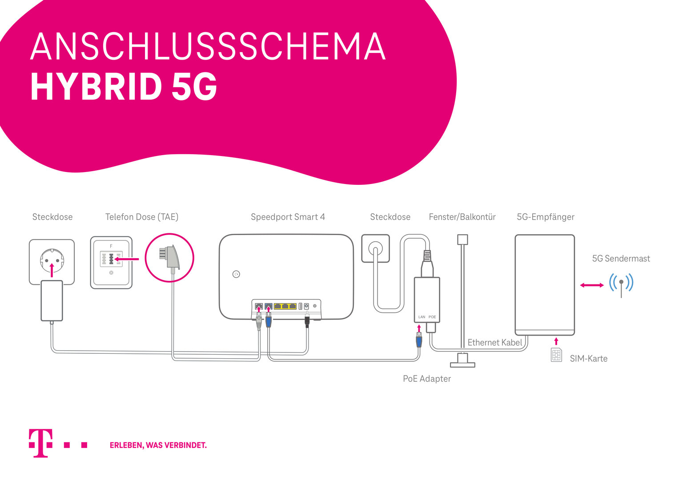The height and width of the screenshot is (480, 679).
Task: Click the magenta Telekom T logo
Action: pos(40,443)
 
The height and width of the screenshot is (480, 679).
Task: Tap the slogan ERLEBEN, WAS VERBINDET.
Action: pos(158,445)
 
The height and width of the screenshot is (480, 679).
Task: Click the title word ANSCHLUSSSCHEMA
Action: pos(208,46)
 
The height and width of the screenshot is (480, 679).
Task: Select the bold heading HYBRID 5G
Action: pos(124,86)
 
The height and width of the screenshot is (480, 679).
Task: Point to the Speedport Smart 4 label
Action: pos(288,217)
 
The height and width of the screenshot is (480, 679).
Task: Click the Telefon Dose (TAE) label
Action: pos(141,217)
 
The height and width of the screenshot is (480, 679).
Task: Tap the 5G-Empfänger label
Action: pos(545,217)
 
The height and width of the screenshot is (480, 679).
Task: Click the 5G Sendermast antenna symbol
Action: pos(621,285)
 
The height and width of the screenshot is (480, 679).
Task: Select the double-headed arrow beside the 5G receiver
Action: pos(592,285)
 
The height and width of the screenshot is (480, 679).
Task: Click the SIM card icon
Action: pos(556,355)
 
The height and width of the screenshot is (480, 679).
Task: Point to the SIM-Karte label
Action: pos(589,359)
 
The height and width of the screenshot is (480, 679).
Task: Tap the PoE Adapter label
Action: pos(427,379)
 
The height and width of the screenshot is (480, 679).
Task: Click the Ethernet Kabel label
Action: pos(495,342)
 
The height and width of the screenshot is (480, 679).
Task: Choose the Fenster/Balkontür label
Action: pos(462,217)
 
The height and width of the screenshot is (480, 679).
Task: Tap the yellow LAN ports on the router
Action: pos(285,306)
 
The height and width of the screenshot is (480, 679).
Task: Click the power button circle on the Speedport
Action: pos(236,274)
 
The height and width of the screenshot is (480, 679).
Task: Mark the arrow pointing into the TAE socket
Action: pos(126,259)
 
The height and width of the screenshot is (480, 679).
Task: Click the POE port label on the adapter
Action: pos(432,317)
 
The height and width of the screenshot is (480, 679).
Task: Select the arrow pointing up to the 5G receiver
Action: pos(556,341)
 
